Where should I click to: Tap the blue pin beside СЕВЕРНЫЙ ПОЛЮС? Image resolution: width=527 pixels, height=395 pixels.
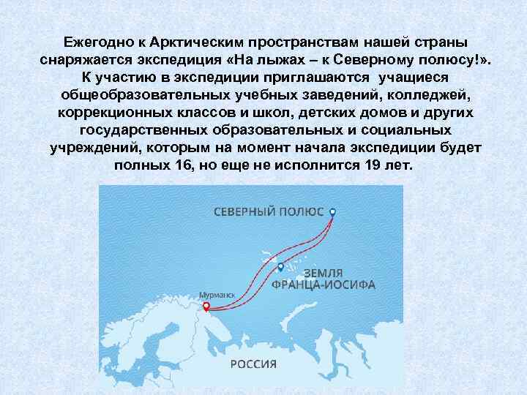tap(333, 211)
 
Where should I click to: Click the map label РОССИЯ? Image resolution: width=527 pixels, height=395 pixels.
tap(254, 364)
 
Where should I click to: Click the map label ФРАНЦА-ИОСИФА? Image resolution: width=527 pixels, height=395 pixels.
tap(324, 284)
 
